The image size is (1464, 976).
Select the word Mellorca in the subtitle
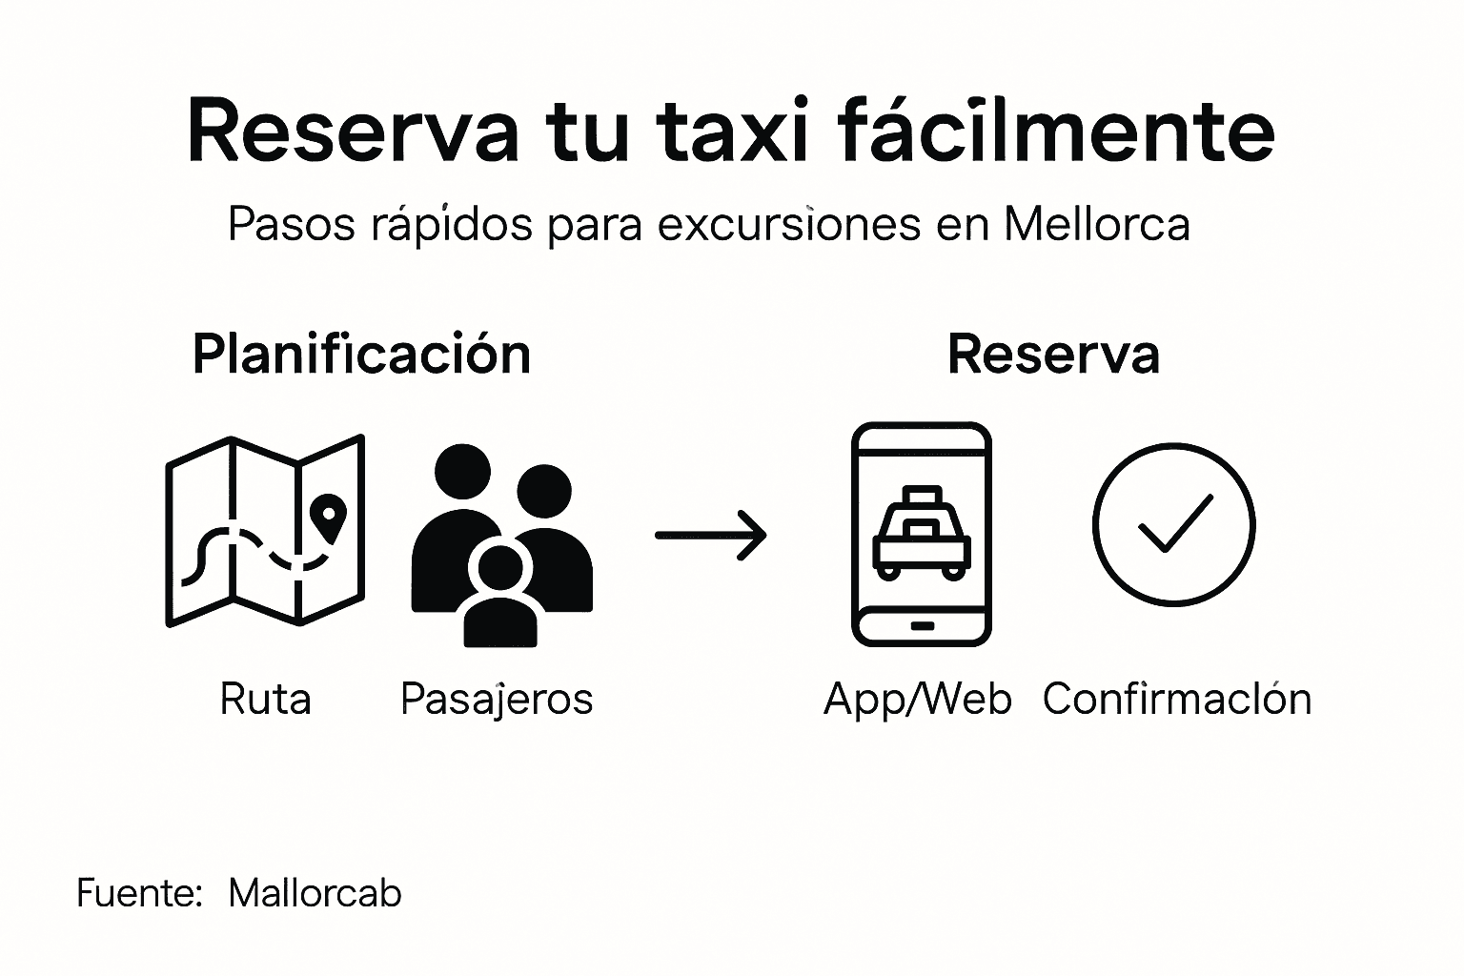(x=1097, y=225)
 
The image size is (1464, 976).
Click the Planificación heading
(x=361, y=355)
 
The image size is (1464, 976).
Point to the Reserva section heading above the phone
(x=1053, y=355)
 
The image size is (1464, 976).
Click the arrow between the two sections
(x=711, y=535)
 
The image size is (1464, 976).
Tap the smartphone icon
(x=921, y=534)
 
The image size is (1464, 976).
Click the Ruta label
(x=265, y=700)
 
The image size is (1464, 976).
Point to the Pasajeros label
(x=497, y=700)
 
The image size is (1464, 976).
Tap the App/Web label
(x=917, y=700)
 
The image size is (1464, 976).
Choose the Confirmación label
(x=1177, y=700)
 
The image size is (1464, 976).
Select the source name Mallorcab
(x=315, y=894)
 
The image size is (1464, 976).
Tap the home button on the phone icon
(x=922, y=625)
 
